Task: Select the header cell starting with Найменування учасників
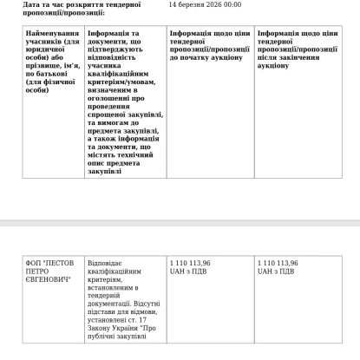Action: pyautogui.click(x=52, y=60)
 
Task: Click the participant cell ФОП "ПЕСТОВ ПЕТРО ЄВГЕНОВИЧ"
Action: pyautogui.click(x=52, y=273)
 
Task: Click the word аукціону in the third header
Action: pyautogui.click(x=226, y=56)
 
